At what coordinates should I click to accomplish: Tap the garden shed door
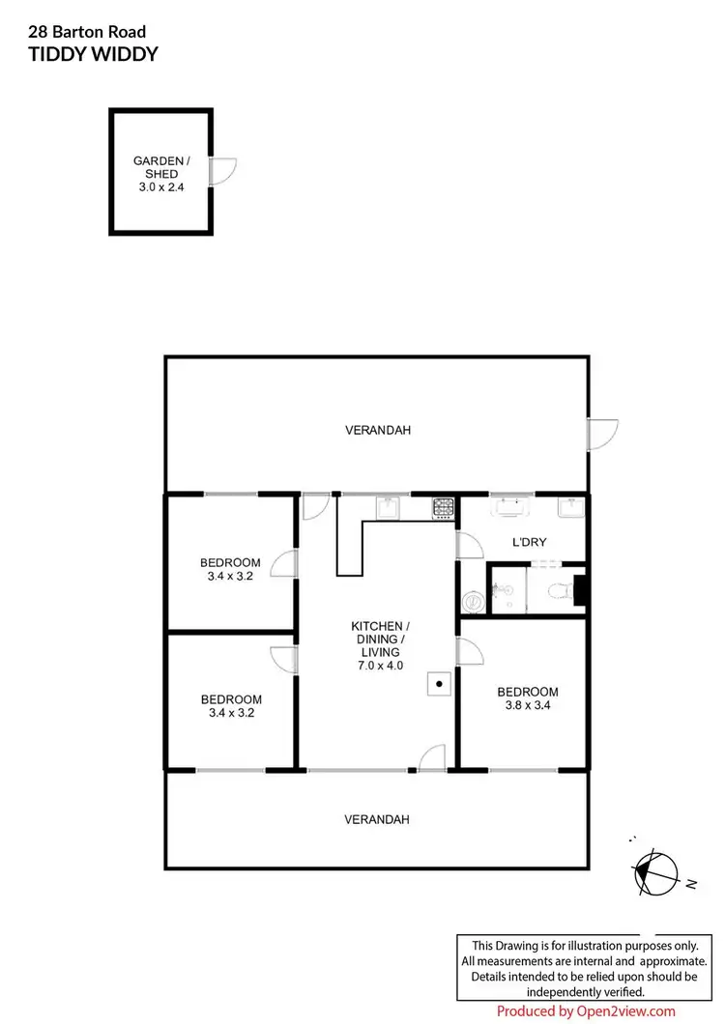click(222, 172)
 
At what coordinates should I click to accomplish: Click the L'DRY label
click(529, 542)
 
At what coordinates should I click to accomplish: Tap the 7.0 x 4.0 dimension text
click(380, 666)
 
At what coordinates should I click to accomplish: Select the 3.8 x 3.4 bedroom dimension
click(528, 705)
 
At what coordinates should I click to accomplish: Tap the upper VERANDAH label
click(378, 430)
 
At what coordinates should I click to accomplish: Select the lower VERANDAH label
click(377, 819)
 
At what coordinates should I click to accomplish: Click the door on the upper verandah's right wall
click(602, 434)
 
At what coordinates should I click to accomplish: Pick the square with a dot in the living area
click(438, 684)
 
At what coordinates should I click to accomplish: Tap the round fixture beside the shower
click(473, 602)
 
